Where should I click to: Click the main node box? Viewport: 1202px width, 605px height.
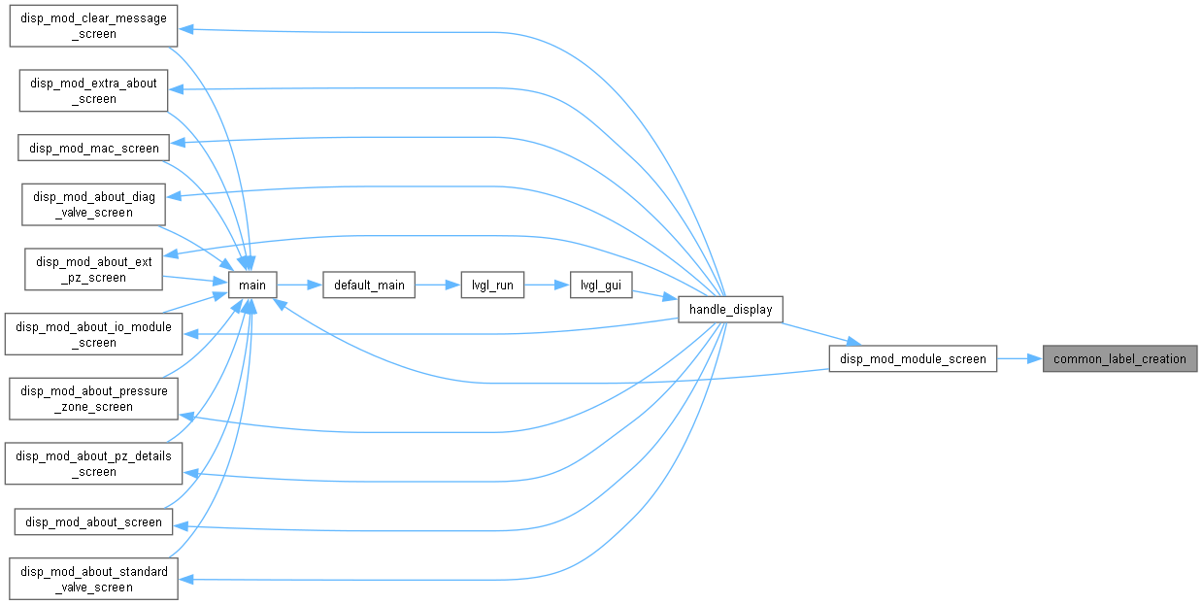pyautogui.click(x=252, y=285)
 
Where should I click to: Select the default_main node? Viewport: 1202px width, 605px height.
pyautogui.click(x=369, y=285)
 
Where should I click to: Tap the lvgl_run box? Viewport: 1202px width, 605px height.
pyautogui.click(x=492, y=285)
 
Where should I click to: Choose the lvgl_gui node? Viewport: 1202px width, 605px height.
pyautogui.click(x=601, y=285)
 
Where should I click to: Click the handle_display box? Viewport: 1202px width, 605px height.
pyautogui.click(x=730, y=309)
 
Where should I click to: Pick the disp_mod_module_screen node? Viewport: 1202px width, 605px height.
pyautogui.click(x=913, y=358)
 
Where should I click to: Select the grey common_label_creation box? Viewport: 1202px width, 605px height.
pyautogui.click(x=1119, y=358)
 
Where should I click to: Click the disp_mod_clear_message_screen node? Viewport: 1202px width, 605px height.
pyautogui.click(x=93, y=26)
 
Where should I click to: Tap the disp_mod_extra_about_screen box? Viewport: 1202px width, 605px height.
pyautogui.click(x=93, y=90)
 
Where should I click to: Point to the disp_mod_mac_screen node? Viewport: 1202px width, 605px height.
pyautogui.click(x=93, y=148)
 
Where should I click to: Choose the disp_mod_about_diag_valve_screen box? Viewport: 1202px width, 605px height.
pyautogui.click(x=93, y=205)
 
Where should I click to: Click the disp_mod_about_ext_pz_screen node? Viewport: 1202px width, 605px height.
pyautogui.click(x=93, y=270)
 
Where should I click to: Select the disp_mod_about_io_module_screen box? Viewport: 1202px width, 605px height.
pyautogui.click(x=93, y=334)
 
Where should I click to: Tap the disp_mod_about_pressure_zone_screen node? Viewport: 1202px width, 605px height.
pyautogui.click(x=93, y=399)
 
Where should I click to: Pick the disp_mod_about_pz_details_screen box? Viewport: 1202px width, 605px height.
pyautogui.click(x=93, y=464)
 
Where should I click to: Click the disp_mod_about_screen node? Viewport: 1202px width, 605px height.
pyautogui.click(x=93, y=521)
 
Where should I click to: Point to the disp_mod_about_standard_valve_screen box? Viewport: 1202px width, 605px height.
pyautogui.click(x=93, y=579)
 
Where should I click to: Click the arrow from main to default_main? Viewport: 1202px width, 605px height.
pyautogui.click(x=299, y=286)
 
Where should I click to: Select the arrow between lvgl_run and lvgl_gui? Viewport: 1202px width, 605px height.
pyautogui.click(x=547, y=286)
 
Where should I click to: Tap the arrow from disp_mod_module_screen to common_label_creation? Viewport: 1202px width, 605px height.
pyautogui.click(x=1019, y=358)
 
